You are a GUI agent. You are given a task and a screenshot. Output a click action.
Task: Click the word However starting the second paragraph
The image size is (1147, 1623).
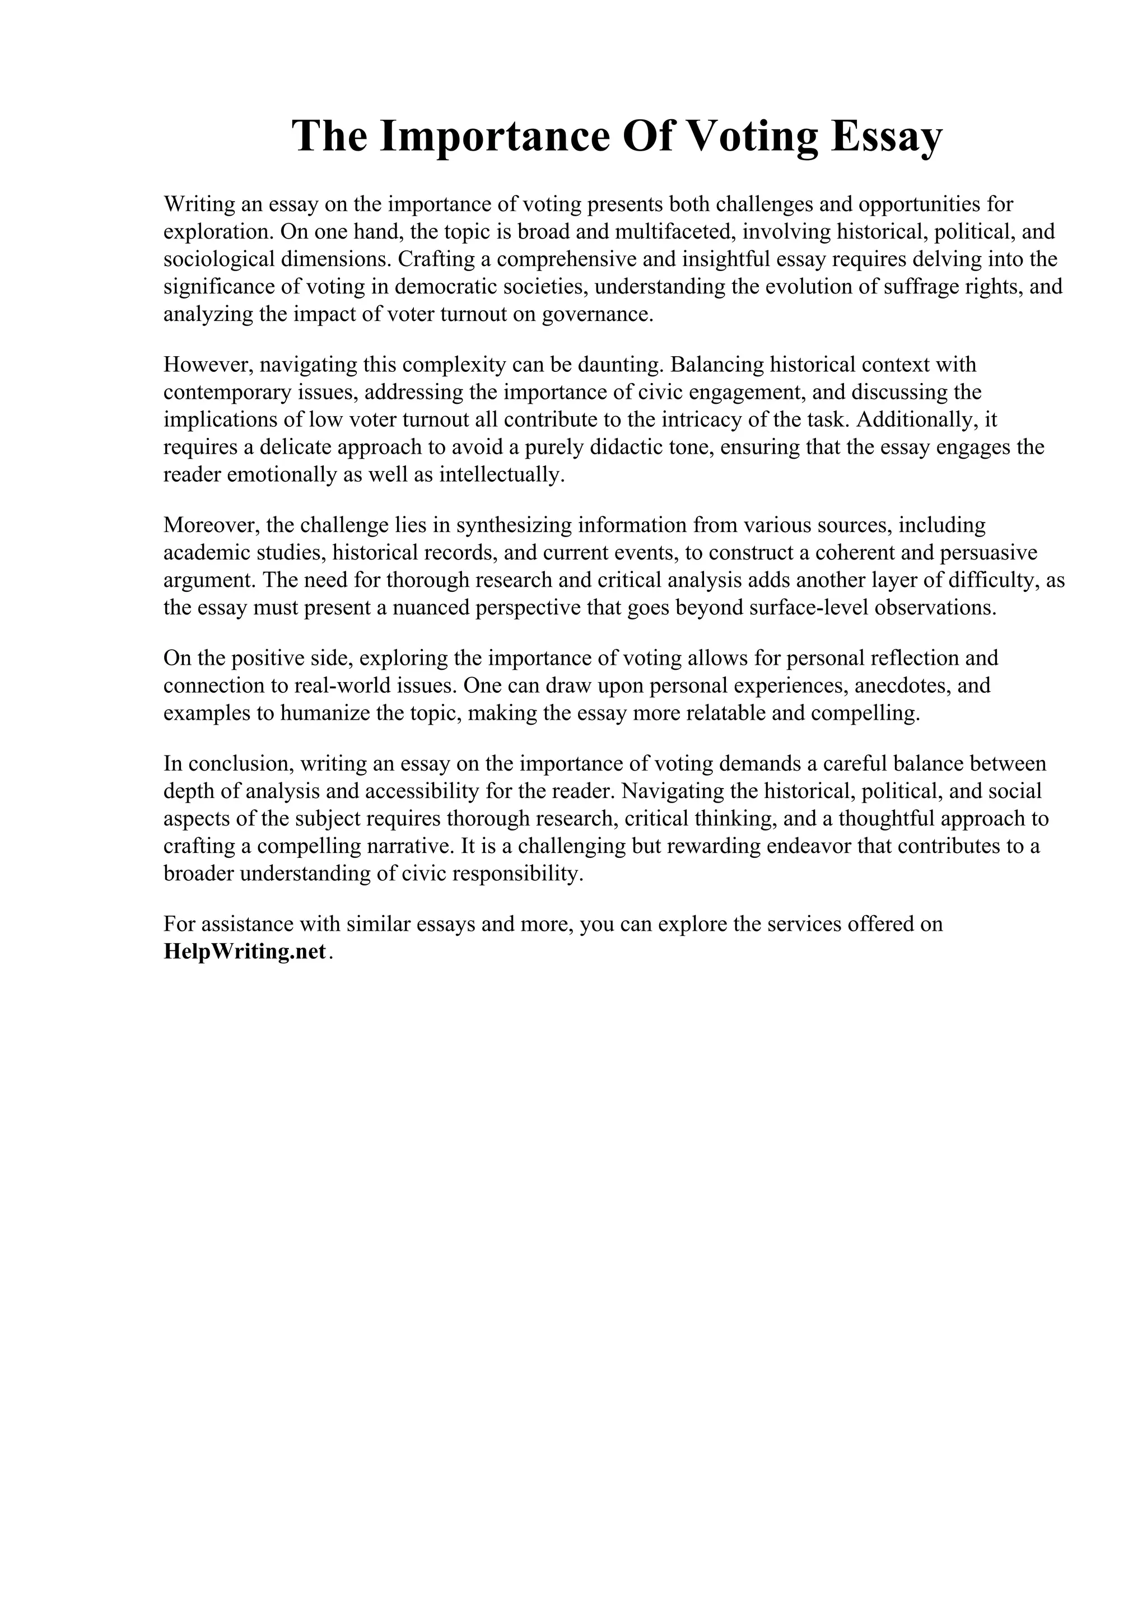[208, 365]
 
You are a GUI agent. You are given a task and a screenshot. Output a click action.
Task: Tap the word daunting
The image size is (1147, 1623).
[620, 365]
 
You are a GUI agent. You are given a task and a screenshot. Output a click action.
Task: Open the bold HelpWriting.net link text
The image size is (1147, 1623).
[245, 952]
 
